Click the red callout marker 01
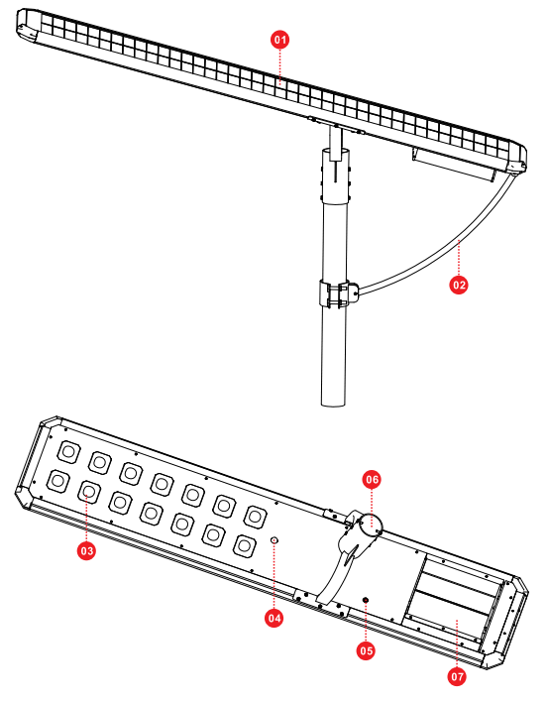tap(279, 39)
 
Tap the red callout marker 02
tap(458, 284)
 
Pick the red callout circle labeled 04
tap(274, 617)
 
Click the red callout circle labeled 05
tap(366, 650)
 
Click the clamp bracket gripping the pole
tap(337, 294)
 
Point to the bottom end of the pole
tap(337, 401)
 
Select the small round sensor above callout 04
tap(275, 539)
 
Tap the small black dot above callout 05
tap(366, 601)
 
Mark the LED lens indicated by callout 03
tap(88, 492)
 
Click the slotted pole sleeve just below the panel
tap(337, 175)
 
